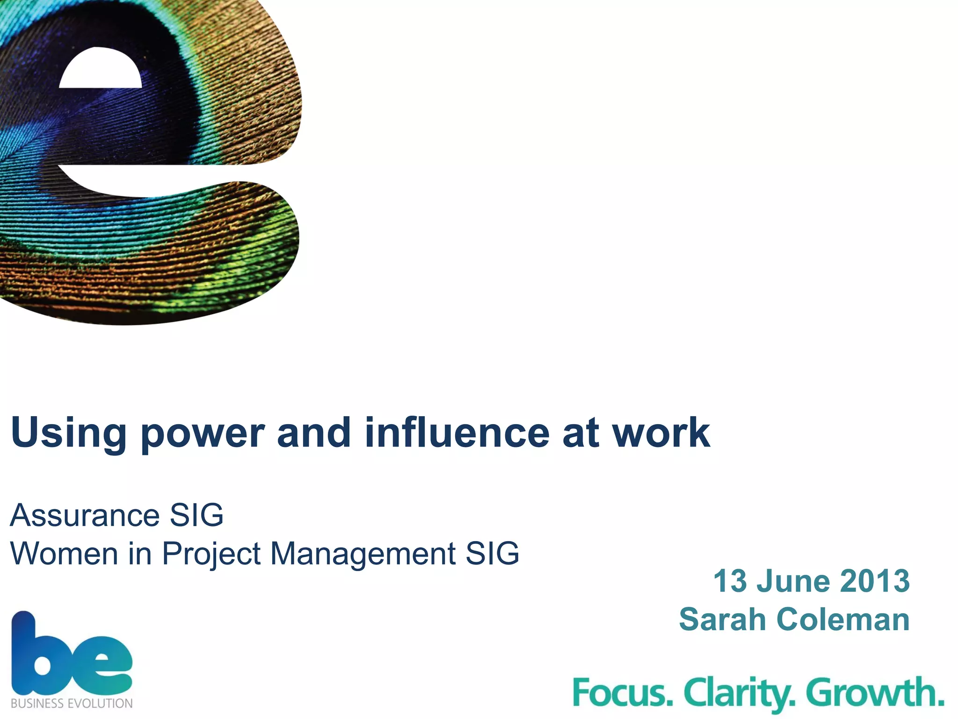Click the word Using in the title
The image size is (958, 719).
68,433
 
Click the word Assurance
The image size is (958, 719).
85,515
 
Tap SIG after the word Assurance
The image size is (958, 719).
196,515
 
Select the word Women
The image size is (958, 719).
64,554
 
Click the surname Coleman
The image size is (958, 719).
843,619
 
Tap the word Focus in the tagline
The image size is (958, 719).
623,693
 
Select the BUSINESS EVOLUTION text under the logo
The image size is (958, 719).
72,704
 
